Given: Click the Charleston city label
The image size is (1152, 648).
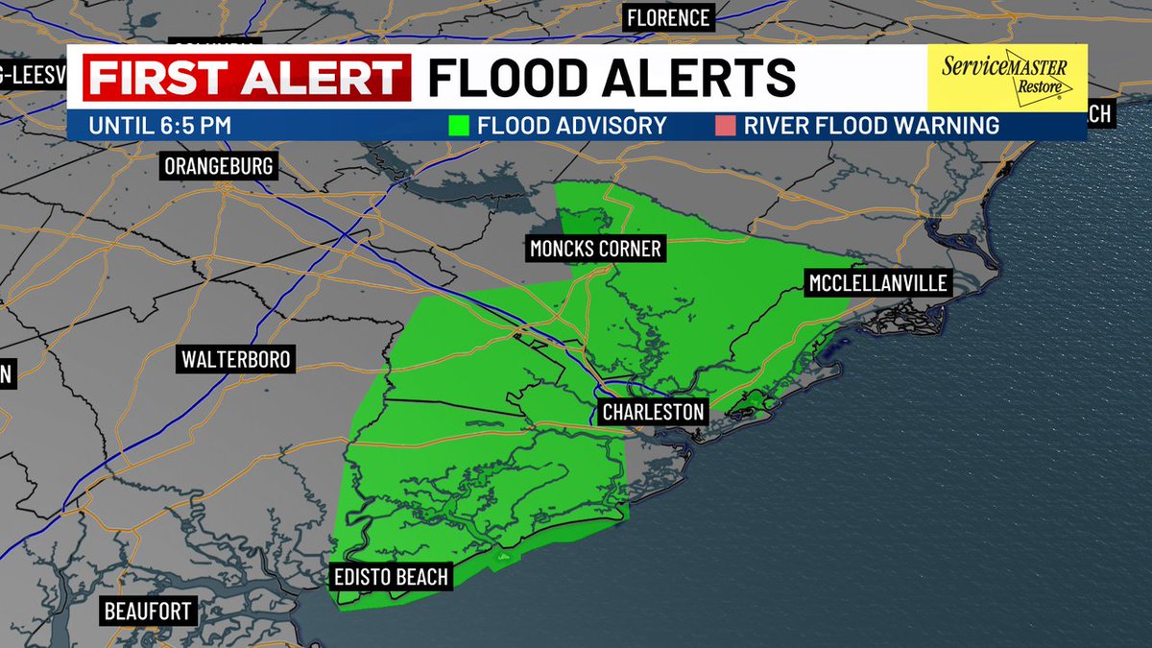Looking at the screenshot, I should click(x=653, y=413).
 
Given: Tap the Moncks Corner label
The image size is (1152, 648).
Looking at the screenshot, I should click(x=595, y=250).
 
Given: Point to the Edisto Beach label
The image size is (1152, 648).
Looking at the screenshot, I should click(x=390, y=576).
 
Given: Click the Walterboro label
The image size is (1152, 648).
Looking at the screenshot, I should click(x=235, y=361).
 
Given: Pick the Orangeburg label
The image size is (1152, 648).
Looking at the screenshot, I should click(x=219, y=166).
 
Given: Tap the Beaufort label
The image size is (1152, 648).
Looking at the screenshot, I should click(x=149, y=611).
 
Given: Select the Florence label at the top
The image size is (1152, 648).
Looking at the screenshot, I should click(x=667, y=18).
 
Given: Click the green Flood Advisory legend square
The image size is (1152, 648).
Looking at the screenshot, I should click(x=460, y=126).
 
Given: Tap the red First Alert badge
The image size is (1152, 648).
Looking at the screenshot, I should click(x=247, y=78).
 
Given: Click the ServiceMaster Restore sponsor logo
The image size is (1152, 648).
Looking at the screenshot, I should click(x=1006, y=77).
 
